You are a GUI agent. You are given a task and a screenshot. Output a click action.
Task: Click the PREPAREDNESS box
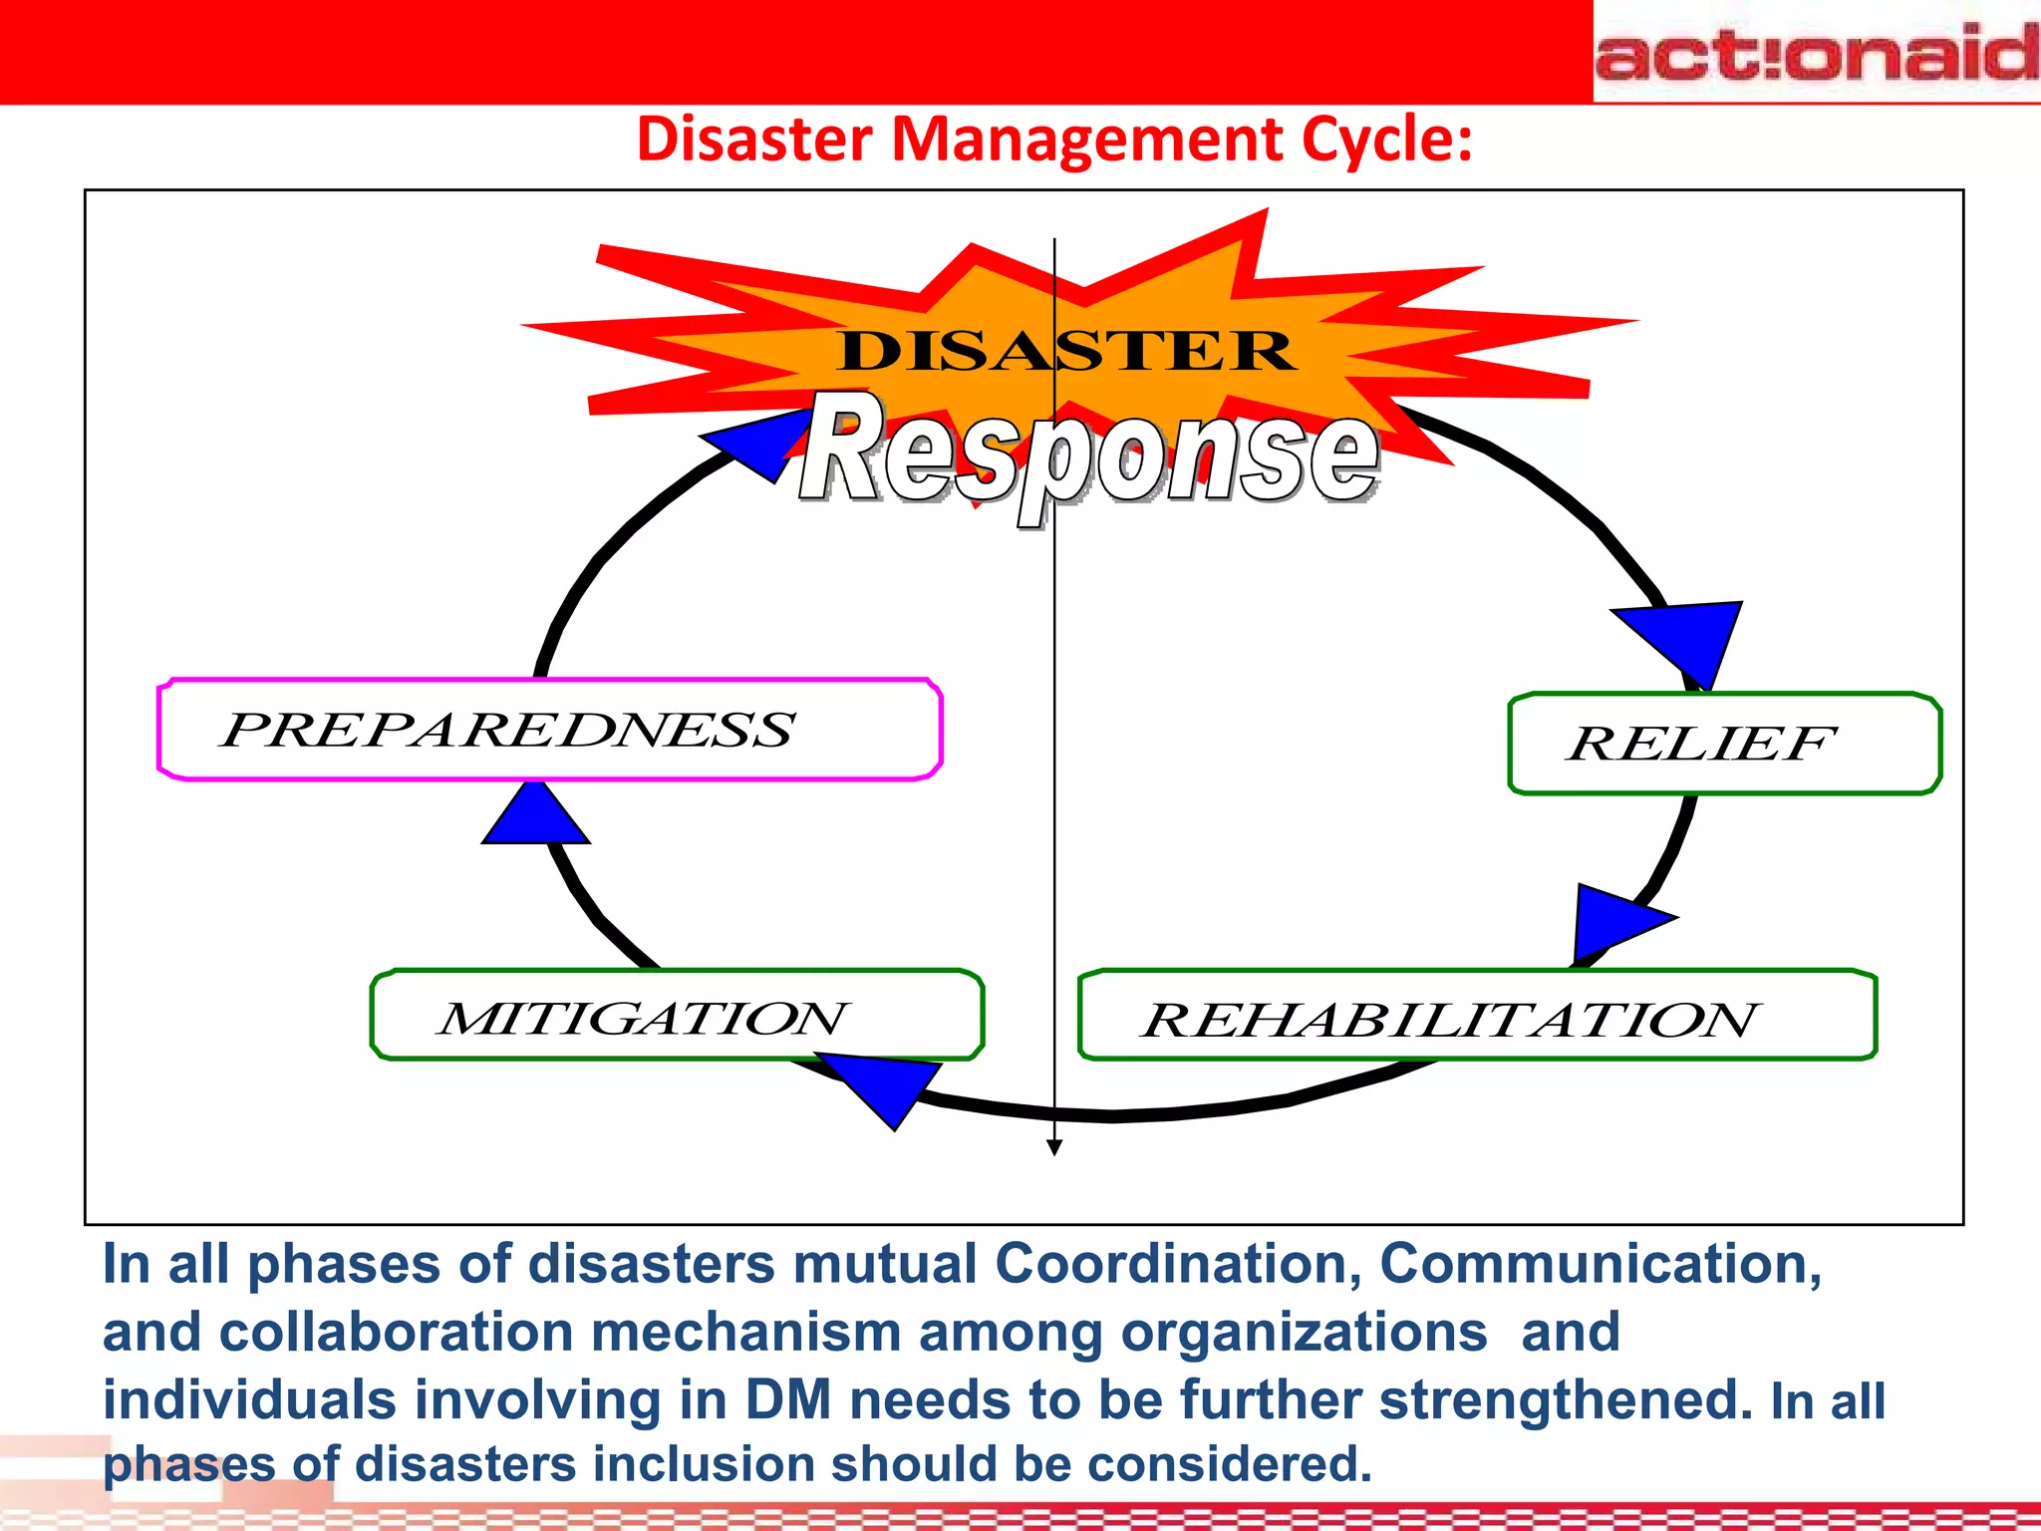pos(549,730)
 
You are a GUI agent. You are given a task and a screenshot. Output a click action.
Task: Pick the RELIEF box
pos(1724,744)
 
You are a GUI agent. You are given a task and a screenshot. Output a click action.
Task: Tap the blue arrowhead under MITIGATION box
pos(887,1086)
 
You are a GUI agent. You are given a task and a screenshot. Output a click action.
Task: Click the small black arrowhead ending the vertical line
pos(1054,1147)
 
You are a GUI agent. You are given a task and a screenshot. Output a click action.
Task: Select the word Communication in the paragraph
pos(1600,1264)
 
